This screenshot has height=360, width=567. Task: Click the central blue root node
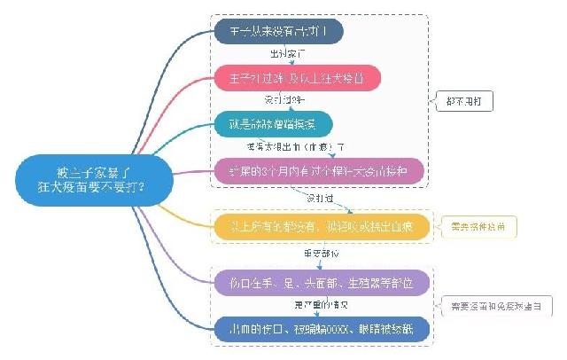[x=86, y=177]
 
